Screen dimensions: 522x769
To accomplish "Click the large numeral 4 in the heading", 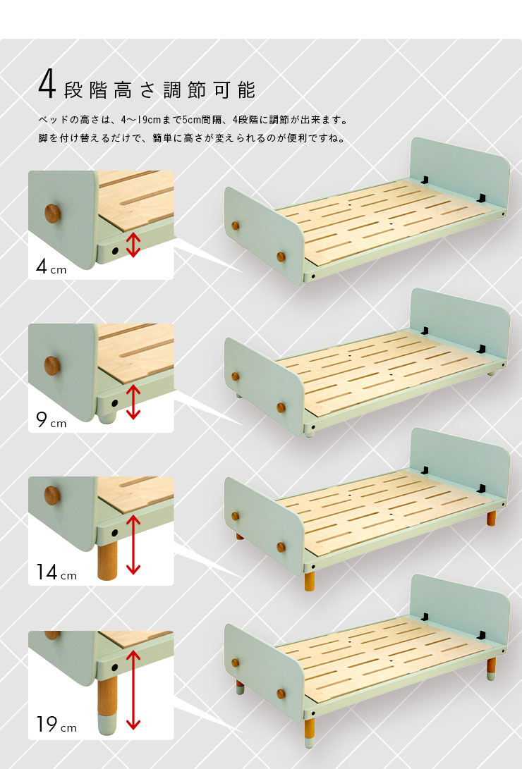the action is click(47, 85).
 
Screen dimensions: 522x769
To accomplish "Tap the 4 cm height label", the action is click(51, 267).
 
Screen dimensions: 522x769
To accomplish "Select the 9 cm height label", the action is click(51, 420).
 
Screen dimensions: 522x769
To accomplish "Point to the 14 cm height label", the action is click(56, 572).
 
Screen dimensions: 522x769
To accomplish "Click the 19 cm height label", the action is click(56, 725).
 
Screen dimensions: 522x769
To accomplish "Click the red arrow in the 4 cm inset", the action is click(133, 245).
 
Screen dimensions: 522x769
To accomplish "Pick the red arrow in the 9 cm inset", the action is click(133, 402).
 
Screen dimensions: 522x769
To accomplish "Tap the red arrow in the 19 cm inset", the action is click(133, 689).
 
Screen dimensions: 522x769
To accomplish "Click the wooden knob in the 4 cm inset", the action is click(53, 214).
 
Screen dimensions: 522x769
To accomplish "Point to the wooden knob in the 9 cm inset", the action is click(52, 366).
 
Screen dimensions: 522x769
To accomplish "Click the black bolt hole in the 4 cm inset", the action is click(115, 251).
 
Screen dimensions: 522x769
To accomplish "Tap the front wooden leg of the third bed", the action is click(309, 581).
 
